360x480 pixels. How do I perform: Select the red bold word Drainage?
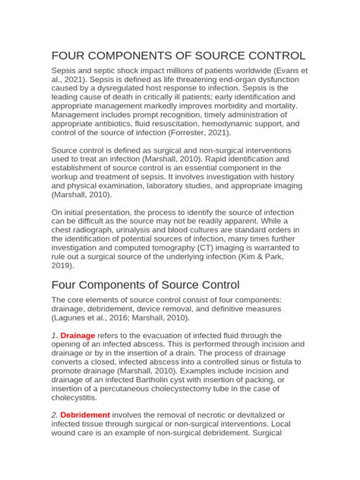coord(78,335)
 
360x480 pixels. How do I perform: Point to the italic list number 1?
coord(53,335)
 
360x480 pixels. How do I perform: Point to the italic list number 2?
coord(53,415)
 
